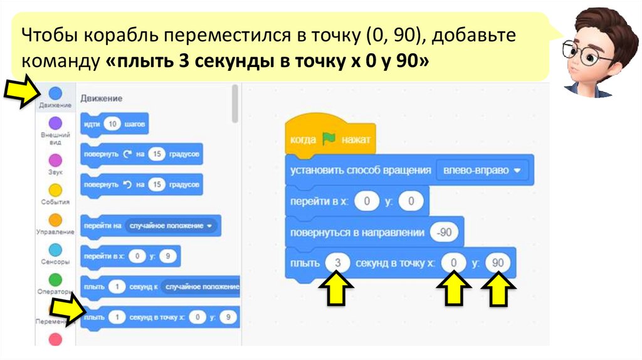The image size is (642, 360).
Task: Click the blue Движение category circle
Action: tap(55, 93)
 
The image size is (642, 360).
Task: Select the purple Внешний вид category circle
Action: tap(55, 123)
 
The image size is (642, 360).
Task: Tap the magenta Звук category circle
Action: tap(55, 159)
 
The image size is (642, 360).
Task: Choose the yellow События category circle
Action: tap(55, 190)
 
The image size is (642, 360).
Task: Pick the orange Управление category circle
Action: tap(55, 220)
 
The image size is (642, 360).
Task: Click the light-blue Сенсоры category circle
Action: tap(55, 250)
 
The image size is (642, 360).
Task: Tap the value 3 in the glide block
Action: tap(338, 263)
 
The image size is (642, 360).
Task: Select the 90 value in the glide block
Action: tap(498, 263)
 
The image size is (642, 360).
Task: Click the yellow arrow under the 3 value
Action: tap(337, 292)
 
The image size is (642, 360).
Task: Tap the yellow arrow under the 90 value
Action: tap(498, 292)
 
